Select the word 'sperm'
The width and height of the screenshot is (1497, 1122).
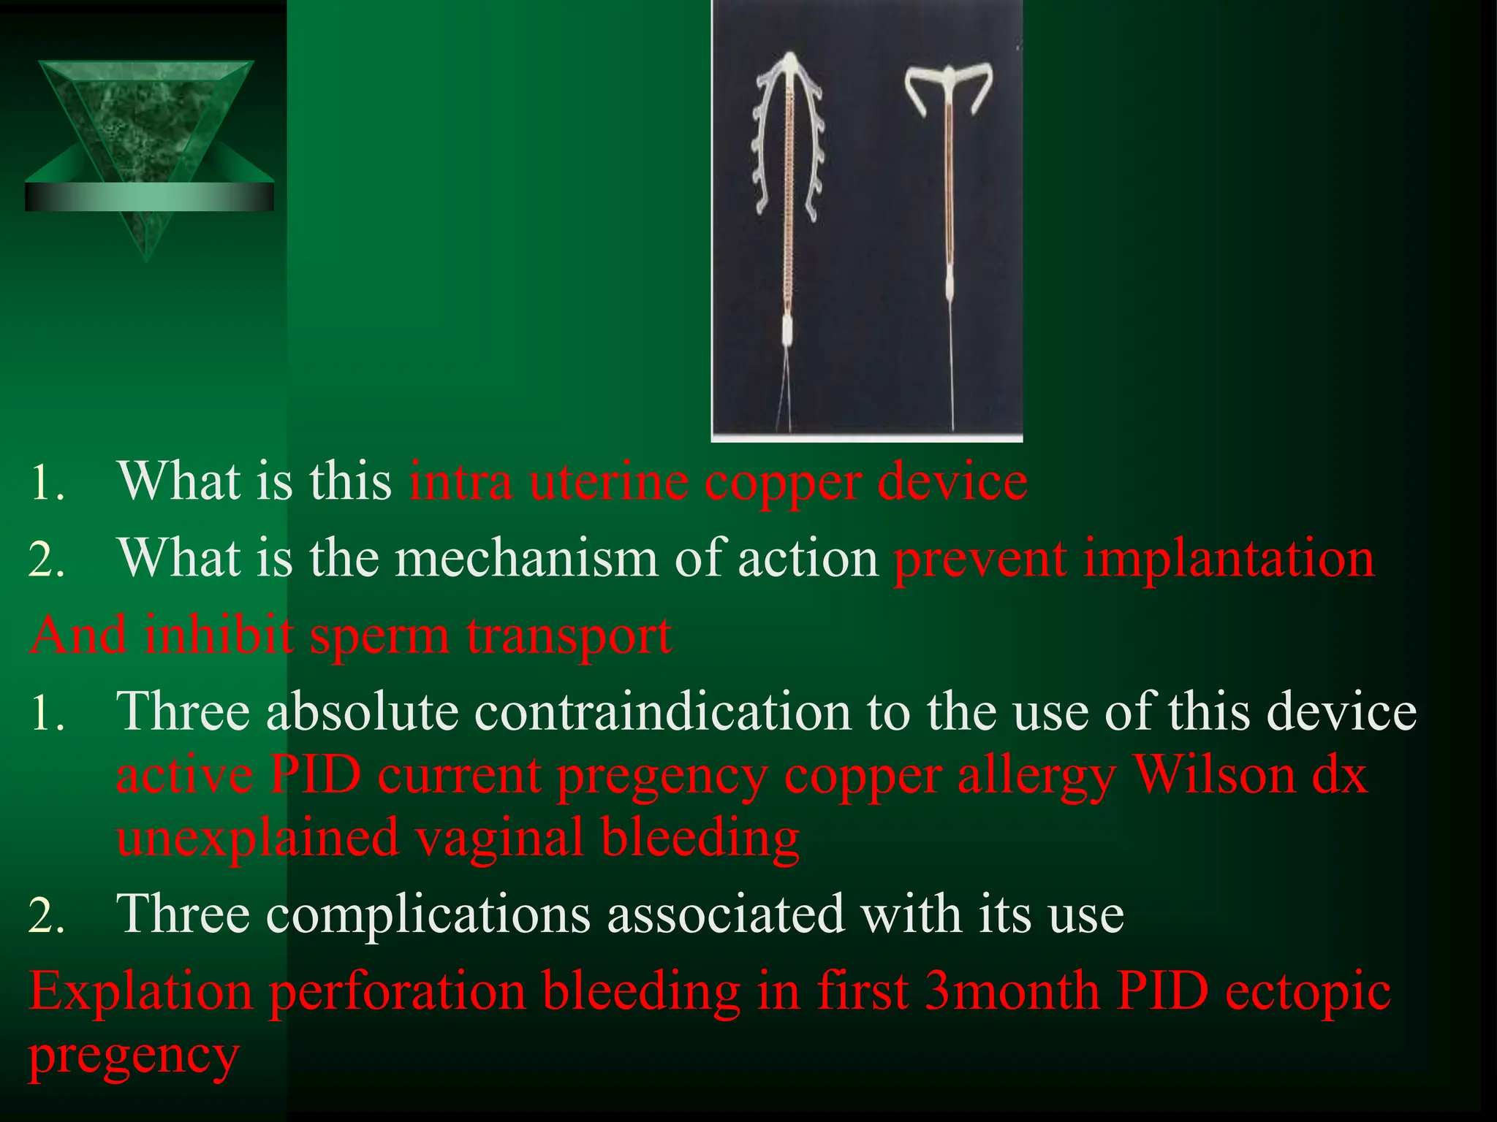point(379,635)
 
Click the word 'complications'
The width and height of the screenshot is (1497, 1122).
point(428,914)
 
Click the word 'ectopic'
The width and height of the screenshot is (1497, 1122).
point(1308,992)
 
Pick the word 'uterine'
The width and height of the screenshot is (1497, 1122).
point(608,482)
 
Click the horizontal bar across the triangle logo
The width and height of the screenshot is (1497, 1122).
point(149,196)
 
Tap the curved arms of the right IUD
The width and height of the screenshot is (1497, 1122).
point(949,84)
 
